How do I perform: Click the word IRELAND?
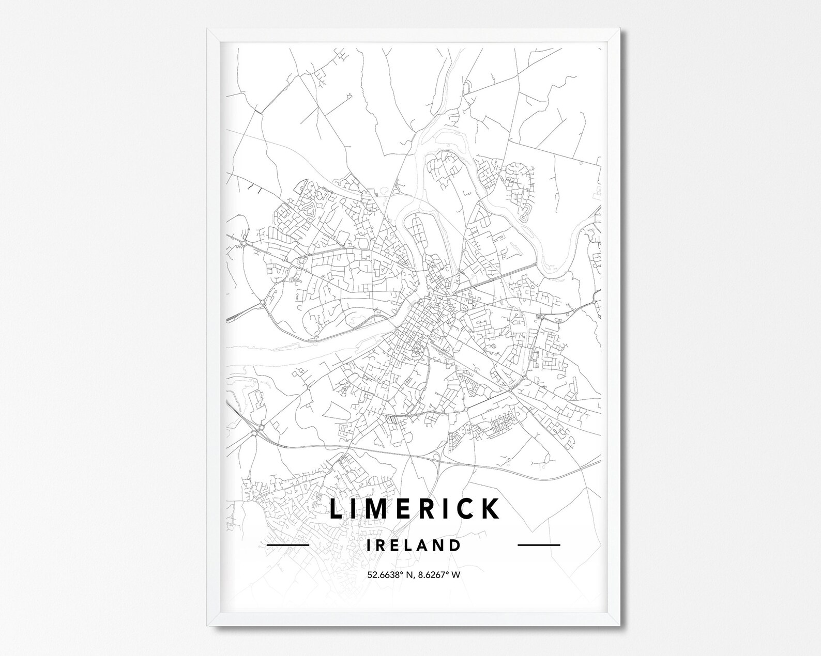pos(414,545)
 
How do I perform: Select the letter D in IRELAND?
pos(454,545)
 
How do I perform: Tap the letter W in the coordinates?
pos(456,574)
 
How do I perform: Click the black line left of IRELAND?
pos(288,545)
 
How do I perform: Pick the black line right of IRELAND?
pos(539,545)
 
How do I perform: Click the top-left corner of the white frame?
pos(208,30)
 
